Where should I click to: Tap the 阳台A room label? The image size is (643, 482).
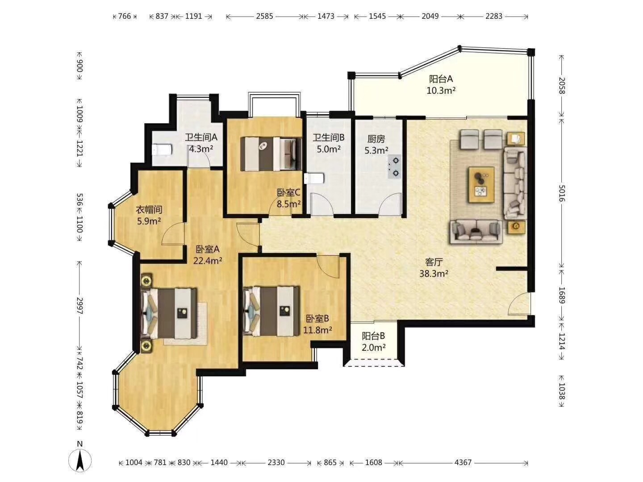tap(441, 79)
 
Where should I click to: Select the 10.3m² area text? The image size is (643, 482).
tap(441, 91)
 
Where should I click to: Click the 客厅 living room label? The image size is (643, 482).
tap(434, 262)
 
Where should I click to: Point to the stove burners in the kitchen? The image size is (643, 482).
tap(395, 167)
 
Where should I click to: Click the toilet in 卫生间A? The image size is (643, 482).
tap(161, 150)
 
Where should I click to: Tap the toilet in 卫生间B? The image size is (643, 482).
tap(314, 178)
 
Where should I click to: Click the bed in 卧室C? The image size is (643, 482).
tap(271, 154)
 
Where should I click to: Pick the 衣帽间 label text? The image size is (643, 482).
tap(149, 210)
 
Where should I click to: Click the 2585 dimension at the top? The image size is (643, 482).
tap(264, 16)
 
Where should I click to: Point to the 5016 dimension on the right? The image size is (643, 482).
tap(562, 193)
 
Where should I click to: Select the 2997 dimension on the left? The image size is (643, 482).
tap(79, 306)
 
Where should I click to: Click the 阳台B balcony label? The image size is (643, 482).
tap(373, 336)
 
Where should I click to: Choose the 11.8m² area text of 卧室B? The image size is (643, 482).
tap(317, 330)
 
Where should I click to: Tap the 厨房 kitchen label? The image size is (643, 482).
tap(376, 139)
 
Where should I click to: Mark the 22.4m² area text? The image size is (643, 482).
tap(207, 261)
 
